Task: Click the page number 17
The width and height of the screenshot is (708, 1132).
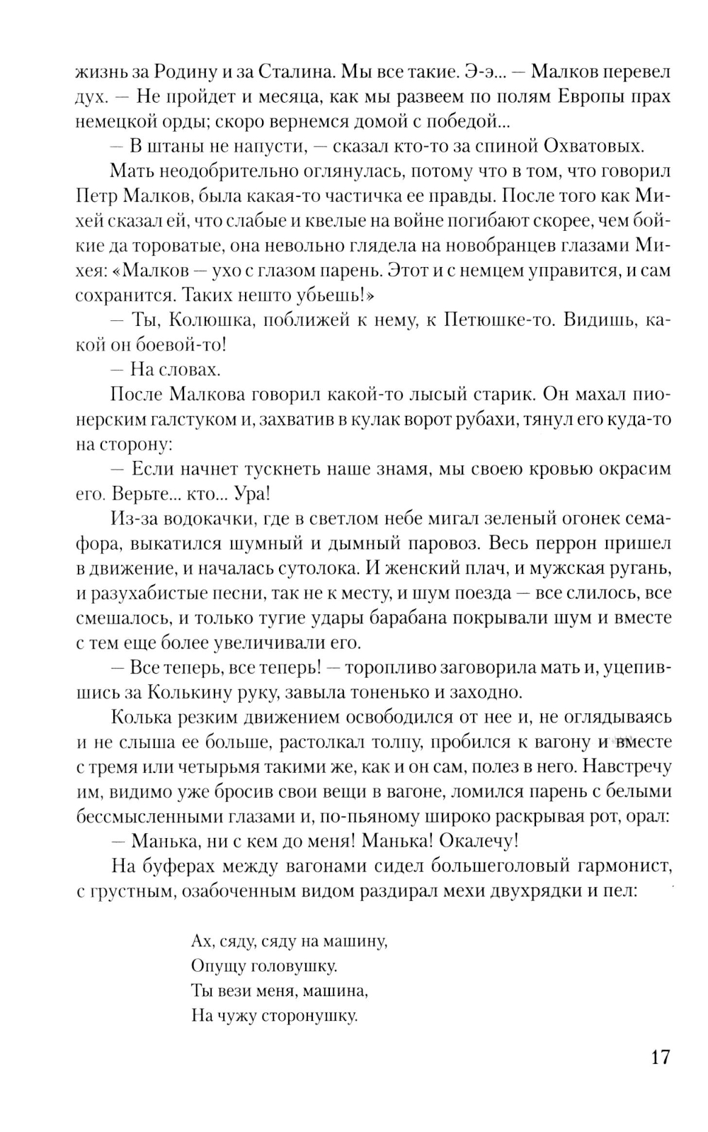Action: pyautogui.click(x=659, y=1058)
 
